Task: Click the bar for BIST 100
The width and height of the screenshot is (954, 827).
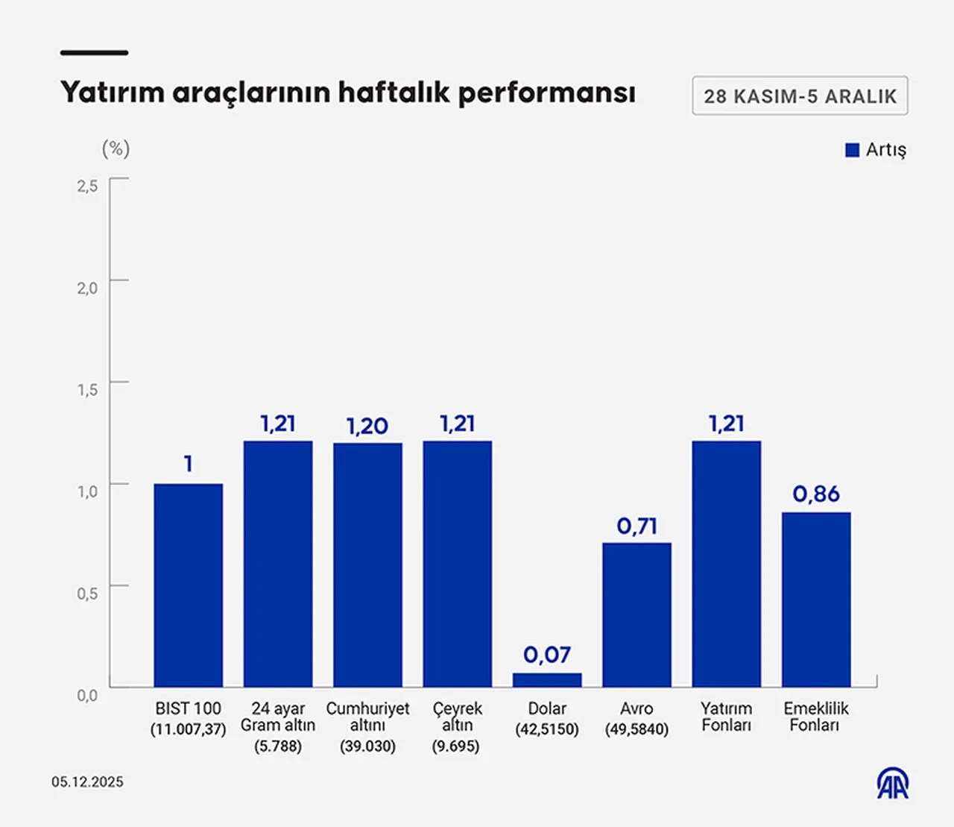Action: pos(188,585)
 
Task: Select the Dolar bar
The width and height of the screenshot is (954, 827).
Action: pos(547,680)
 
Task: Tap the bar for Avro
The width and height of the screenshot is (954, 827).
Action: pos(636,614)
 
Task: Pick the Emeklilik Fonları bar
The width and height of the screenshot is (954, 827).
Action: pos(816,600)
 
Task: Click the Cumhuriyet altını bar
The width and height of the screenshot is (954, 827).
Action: pos(367,565)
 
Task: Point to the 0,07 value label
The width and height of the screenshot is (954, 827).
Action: pos(547,655)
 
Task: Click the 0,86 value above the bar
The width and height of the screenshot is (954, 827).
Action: pos(816,494)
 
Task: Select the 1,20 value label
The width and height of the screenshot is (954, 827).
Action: pos(367,426)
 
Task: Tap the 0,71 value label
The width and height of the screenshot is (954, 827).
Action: pos(636,526)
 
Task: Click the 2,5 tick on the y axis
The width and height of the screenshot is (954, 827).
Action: pos(87,186)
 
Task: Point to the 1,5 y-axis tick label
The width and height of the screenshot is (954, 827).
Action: pos(87,389)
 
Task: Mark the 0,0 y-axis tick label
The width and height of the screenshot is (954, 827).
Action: pos(87,695)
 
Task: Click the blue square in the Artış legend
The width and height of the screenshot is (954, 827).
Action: pos(853,150)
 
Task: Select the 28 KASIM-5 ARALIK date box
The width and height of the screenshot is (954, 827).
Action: pos(800,96)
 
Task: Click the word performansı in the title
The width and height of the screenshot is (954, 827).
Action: pos(546,93)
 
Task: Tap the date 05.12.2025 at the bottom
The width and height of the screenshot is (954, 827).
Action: pos(87,782)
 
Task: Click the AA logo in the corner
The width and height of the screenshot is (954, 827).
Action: pos(892,783)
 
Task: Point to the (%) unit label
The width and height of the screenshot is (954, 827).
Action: pos(116,148)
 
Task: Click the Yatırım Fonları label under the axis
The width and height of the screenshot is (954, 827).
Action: pos(726,717)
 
